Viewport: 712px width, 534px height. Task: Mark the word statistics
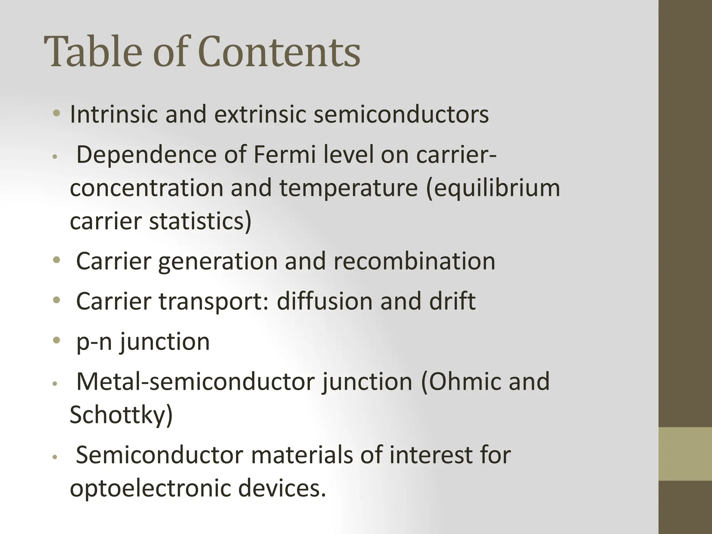pyautogui.click(x=200, y=221)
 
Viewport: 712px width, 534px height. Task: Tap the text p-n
pyautogui.click(x=94, y=342)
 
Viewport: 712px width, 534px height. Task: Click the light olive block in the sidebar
pyautogui.click(x=685, y=454)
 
